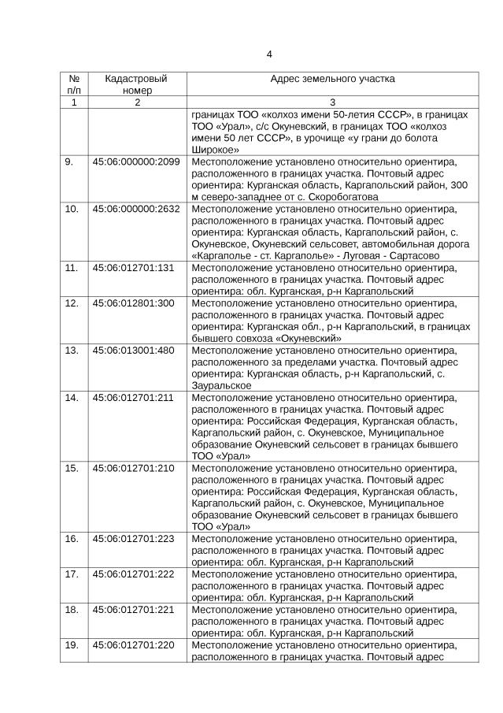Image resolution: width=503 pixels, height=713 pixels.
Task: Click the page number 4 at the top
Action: click(x=269, y=54)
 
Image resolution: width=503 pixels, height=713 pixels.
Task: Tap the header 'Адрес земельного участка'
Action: click(x=332, y=80)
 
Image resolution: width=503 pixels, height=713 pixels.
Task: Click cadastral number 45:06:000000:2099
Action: click(x=136, y=162)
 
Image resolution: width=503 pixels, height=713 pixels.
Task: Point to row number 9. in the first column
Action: click(x=69, y=162)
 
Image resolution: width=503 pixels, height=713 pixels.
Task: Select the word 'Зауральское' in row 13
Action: click(x=222, y=385)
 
